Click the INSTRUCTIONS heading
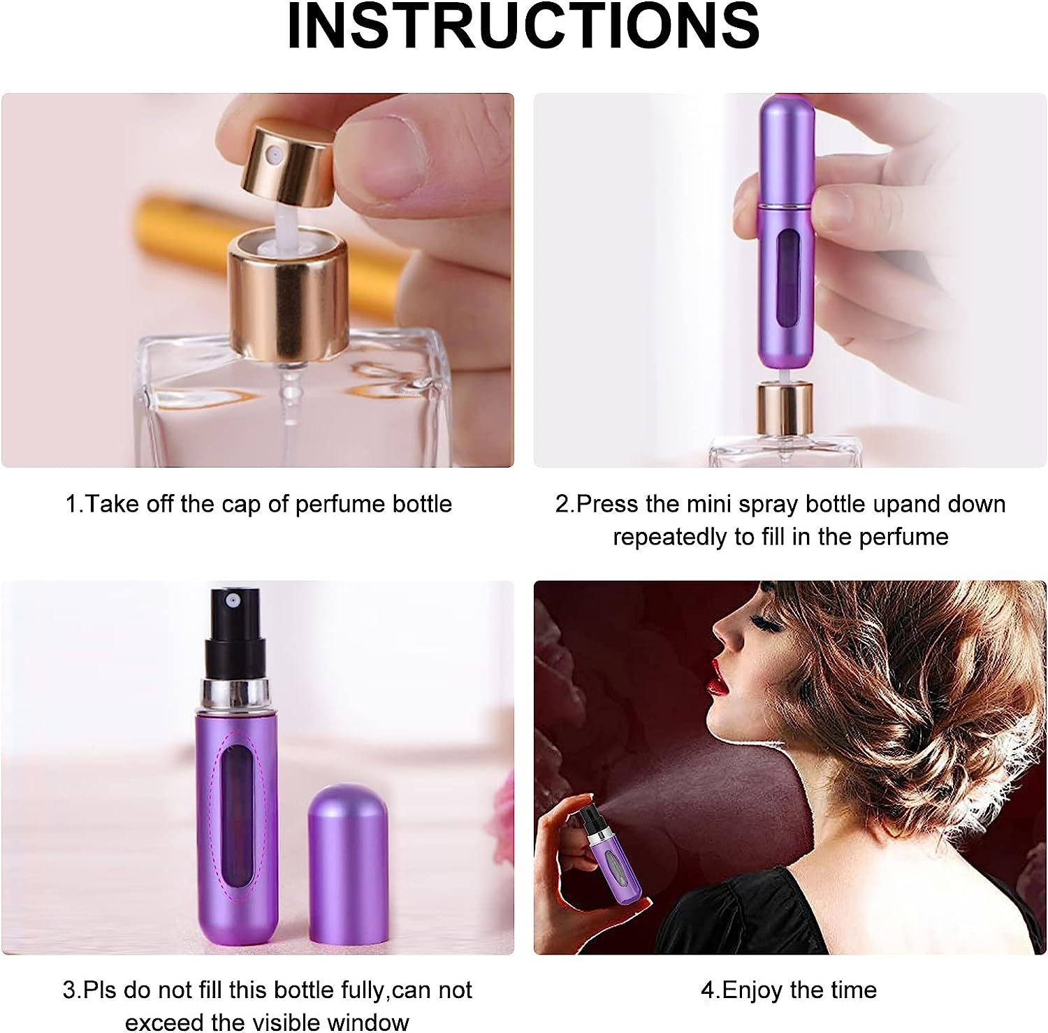pos(523,27)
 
